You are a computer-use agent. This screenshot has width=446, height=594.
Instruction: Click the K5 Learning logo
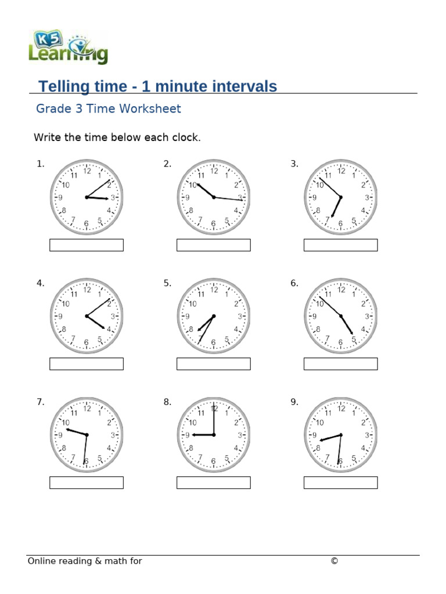click(x=68, y=47)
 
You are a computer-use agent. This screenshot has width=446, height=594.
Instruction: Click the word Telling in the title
click(x=62, y=87)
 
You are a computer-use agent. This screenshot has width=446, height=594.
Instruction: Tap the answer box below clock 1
click(x=87, y=245)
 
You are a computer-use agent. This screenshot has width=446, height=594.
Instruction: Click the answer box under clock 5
click(x=213, y=364)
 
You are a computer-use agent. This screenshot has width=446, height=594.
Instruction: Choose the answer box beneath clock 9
click(x=340, y=483)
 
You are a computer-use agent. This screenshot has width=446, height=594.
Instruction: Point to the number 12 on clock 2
click(x=214, y=171)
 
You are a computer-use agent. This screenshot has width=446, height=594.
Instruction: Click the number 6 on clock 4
click(x=87, y=343)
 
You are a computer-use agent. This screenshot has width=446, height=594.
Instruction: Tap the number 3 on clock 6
click(x=366, y=317)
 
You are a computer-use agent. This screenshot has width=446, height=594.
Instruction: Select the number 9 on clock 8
click(x=188, y=435)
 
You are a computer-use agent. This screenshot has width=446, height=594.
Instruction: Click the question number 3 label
click(x=294, y=164)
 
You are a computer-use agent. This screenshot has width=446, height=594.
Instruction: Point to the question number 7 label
click(x=40, y=402)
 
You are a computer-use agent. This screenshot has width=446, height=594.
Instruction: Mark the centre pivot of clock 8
click(x=214, y=435)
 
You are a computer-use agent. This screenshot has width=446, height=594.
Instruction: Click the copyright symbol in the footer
click(x=334, y=561)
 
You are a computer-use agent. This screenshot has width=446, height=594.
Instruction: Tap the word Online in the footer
click(x=42, y=561)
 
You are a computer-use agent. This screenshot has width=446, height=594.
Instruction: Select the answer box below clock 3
click(x=340, y=245)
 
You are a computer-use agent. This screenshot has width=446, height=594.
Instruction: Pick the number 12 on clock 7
click(x=87, y=409)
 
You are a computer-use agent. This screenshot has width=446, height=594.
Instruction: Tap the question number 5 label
click(x=167, y=283)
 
